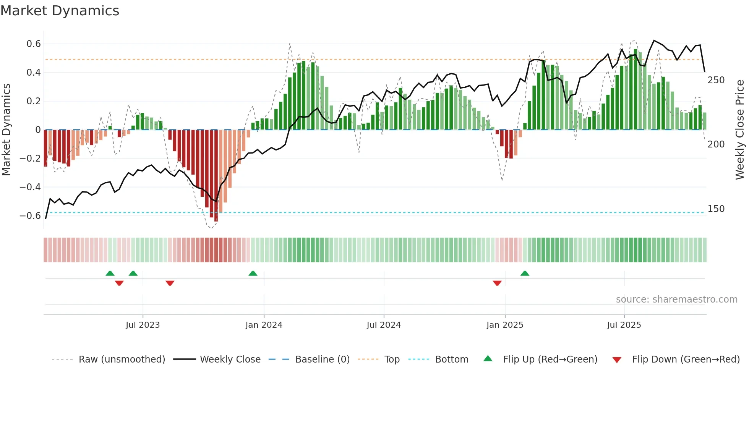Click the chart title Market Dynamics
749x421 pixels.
pyautogui.click(x=60, y=11)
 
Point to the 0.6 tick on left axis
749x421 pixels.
pyautogui.click(x=34, y=44)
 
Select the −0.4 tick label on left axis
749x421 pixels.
pyautogui.click(x=30, y=187)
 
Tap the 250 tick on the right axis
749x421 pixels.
pyautogui.click(x=716, y=80)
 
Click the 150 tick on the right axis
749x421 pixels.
pyautogui.click(x=716, y=209)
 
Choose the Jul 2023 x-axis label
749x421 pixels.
pyautogui.click(x=143, y=325)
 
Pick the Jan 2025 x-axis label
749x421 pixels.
pyautogui.click(x=504, y=325)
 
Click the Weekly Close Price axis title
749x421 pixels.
pyautogui.click(x=740, y=130)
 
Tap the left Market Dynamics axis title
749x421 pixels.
pyautogui.click(x=6, y=130)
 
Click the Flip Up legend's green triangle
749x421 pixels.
pyautogui.click(x=488, y=359)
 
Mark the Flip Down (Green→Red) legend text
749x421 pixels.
pyautogui.click(x=686, y=359)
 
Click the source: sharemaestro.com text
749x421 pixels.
pyautogui.click(x=676, y=300)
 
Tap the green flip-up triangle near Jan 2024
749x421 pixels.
pyautogui.click(x=253, y=274)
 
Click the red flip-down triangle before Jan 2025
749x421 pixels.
pyautogui.click(x=497, y=283)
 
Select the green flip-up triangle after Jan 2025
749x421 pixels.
pyautogui.click(x=525, y=274)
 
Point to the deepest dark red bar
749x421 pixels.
pyautogui.click(x=216, y=176)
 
